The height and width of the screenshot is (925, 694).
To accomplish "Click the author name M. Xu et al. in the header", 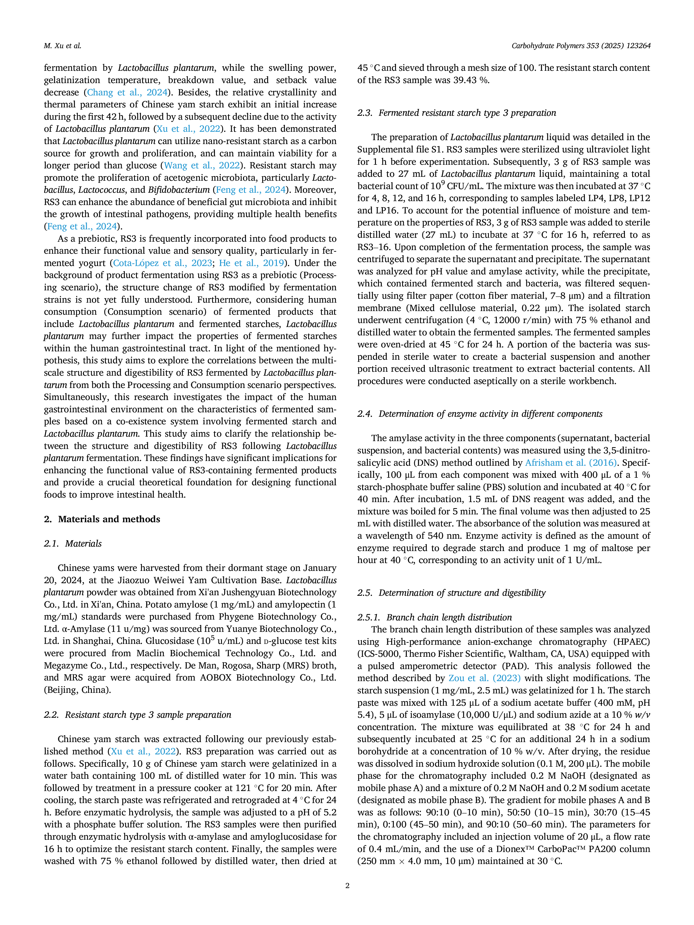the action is (62, 46).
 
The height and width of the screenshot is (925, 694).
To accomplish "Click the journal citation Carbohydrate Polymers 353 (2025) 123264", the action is (581, 46).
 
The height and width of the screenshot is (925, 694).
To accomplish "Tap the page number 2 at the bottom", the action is (347, 885).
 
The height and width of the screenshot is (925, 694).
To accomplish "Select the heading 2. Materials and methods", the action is (102, 519).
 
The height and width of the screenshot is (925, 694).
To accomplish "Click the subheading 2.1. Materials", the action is (73, 544).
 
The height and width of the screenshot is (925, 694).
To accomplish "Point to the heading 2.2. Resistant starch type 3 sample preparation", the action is (138, 715).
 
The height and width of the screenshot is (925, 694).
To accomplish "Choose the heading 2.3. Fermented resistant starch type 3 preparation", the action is (457, 113).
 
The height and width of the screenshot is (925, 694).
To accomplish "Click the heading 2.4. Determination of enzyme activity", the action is (480, 414).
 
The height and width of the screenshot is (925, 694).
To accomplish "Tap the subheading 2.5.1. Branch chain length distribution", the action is (435, 617).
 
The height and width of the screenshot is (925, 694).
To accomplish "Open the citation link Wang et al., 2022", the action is (202, 166).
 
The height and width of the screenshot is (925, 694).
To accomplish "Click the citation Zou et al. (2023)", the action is (484, 678).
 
